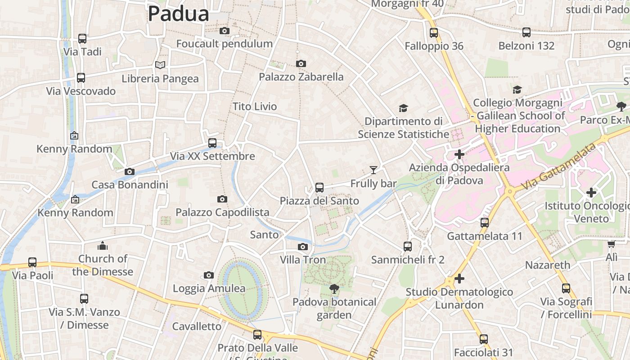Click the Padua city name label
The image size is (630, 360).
coord(178,13)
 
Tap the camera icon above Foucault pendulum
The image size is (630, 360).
coord(224,31)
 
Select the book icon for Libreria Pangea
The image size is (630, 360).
coord(160,65)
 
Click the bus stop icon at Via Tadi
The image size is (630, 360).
coord(82,39)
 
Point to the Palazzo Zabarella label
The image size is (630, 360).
coord(301,77)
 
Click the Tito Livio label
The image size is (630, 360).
coord(255,107)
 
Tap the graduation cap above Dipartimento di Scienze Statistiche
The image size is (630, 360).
coord(403,108)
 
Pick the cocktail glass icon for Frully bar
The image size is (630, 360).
coord(373,170)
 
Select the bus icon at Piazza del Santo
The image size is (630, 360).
coord(319,187)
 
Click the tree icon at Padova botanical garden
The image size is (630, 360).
coord(334,288)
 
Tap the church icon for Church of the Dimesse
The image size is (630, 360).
coord(103,246)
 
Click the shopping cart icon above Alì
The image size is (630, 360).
coord(611,244)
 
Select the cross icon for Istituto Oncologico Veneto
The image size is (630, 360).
coord(591,193)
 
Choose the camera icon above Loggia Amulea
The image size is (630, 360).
coord(208,275)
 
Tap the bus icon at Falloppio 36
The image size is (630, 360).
coord(433,33)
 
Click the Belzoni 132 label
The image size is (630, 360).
coord(526,46)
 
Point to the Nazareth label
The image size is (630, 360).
coord(548,265)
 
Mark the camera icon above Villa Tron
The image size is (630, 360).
coord(303,247)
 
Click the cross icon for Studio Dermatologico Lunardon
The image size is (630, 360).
coord(459,279)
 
